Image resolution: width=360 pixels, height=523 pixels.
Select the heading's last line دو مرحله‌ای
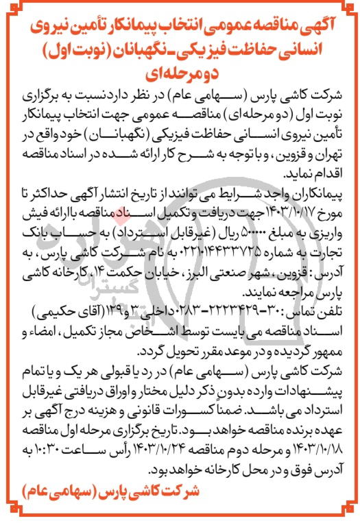[x=181, y=64]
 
